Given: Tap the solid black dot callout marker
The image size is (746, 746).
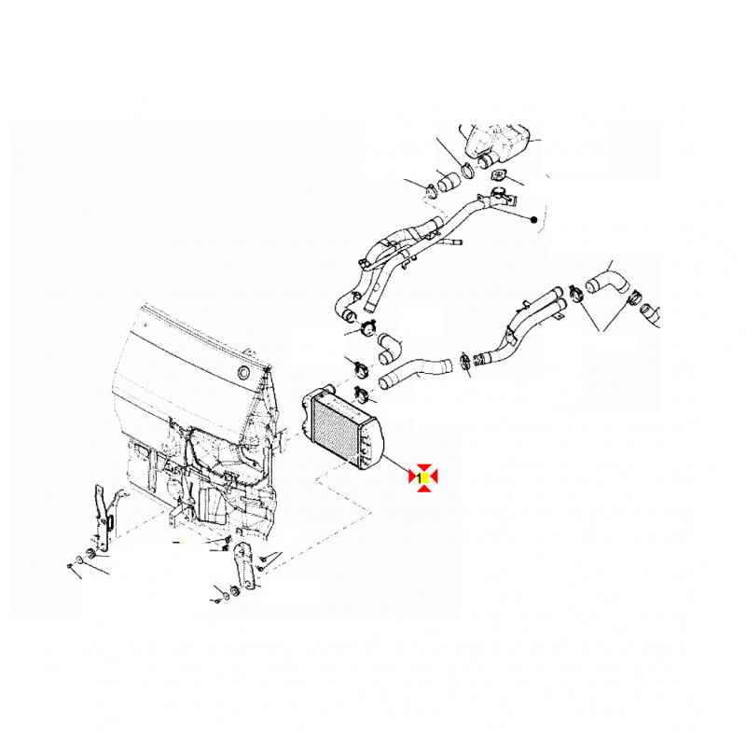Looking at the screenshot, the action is [533, 220].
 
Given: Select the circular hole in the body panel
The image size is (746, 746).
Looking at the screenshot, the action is [244, 372].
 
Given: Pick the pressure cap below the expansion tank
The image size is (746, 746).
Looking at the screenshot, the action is [498, 176].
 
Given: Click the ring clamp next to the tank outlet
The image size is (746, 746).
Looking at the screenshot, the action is [468, 170].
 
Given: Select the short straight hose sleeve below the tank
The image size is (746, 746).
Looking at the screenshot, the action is [449, 182].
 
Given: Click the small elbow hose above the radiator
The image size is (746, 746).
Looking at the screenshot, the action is [390, 348].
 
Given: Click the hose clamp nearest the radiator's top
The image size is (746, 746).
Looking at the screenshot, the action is [362, 394].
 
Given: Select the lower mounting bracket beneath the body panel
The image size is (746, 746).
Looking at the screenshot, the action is [244, 564].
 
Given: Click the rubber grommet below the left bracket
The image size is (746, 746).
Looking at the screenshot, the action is [90, 554].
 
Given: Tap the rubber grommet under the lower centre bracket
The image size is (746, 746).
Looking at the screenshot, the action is [234, 590].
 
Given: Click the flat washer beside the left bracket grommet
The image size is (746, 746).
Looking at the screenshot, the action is [79, 559].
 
